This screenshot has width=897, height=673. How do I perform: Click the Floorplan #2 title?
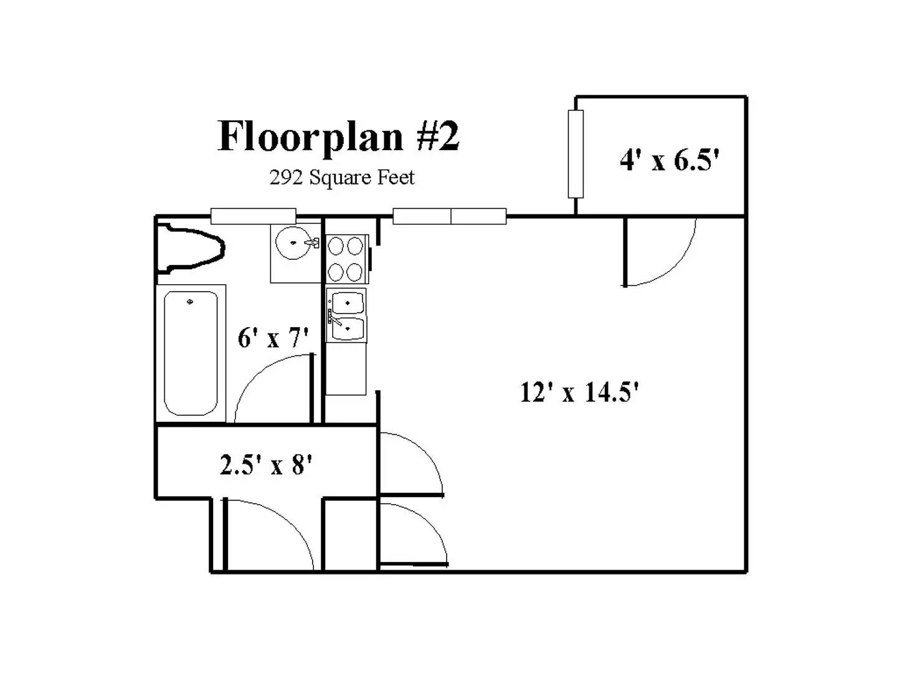click(338, 136)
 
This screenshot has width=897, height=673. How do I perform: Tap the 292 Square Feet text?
click(341, 178)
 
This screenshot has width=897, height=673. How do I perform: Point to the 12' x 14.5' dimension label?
click(579, 393)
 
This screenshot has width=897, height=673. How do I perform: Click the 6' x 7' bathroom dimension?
click(273, 338)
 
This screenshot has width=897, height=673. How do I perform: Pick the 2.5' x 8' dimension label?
click(265, 464)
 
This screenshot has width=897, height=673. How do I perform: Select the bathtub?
click(191, 353)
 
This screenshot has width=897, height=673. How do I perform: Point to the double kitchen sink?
click(347, 315)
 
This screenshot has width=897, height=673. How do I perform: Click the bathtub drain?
click(190, 302)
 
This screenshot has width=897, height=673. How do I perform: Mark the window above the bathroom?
click(253, 216)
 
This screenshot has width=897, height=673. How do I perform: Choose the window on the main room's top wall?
click(449, 216)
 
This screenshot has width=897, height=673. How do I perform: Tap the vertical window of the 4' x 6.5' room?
click(576, 154)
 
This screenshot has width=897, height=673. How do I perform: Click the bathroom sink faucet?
click(313, 242)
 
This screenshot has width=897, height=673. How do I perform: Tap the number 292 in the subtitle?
click(286, 178)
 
